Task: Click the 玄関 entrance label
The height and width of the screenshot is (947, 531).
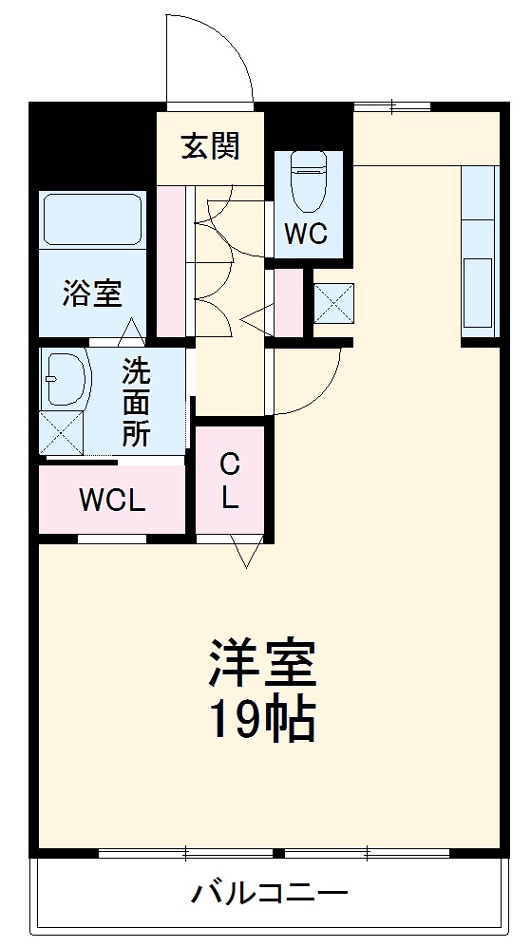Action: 211,147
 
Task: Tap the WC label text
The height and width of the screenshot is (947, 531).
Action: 306,235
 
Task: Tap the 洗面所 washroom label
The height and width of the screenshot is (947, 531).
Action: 136,402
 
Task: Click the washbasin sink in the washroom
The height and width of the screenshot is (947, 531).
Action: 64,380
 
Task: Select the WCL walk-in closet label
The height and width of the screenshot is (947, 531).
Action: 111,501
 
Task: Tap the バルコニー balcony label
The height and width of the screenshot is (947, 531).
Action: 270,894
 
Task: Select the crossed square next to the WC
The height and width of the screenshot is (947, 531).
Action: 332,303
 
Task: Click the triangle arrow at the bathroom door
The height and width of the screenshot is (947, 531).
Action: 131,331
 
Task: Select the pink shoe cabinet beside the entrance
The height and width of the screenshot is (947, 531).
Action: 171,260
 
